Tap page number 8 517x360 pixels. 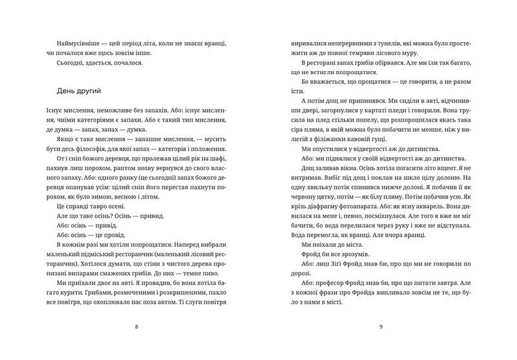[135, 326]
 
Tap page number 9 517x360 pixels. [381, 326]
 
